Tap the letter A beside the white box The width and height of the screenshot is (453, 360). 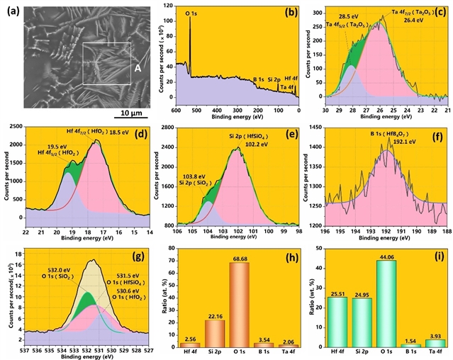137,69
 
